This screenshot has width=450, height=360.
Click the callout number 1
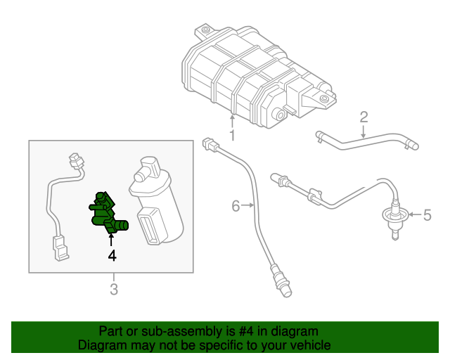tap(231, 134)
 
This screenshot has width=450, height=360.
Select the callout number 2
tap(364, 116)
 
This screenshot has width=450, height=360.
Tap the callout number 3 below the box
tap(112, 289)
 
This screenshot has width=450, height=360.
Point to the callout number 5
tap(425, 213)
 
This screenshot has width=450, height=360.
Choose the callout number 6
tap(236, 206)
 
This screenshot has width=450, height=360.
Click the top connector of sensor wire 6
tap(208, 145)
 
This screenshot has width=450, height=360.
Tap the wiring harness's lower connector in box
tap(60, 247)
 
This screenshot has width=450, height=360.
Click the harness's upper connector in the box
tap(75, 162)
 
